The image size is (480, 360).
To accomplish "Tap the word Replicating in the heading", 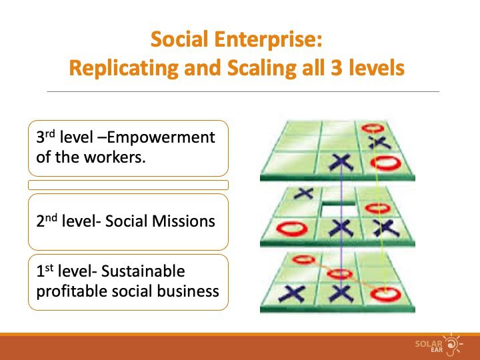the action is pos(124,68).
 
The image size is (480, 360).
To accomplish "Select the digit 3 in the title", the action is pos(337,67).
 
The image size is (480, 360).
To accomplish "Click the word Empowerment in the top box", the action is pos(161,137).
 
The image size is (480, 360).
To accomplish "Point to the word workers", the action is pos(115,157).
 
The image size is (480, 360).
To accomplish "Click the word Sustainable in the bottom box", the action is pos(143,271).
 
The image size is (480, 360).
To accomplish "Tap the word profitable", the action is pos(71,291).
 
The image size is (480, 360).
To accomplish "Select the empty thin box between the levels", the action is pos(128,185).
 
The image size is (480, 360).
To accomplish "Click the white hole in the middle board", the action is pos(339,211).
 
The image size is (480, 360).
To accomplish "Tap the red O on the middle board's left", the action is pos(292,229).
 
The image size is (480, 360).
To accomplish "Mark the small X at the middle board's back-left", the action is pos(303,193).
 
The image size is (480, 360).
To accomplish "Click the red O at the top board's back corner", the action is pos(373,128).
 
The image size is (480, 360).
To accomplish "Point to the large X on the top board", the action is pos(341,163).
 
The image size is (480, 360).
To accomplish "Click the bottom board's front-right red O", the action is pos(385,295).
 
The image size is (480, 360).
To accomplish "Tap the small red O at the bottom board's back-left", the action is pos(303,260).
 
